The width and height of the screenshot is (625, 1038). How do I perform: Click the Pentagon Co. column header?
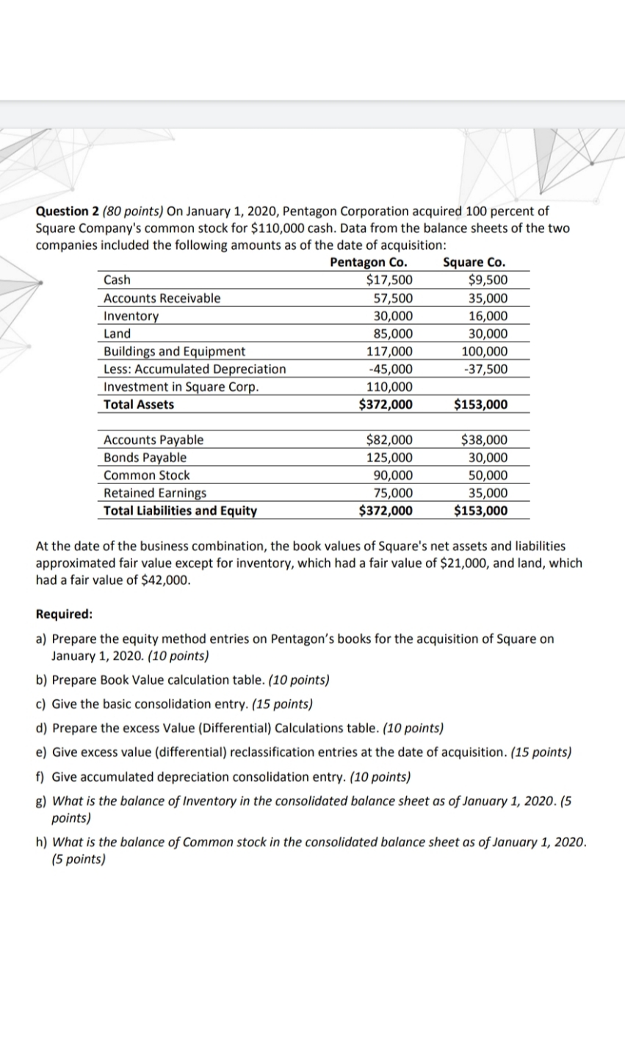coord(369,262)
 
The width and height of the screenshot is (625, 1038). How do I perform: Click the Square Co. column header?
coord(474,262)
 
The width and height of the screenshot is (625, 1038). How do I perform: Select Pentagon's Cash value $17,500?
coord(389,280)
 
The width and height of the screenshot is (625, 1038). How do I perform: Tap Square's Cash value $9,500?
coord(487,280)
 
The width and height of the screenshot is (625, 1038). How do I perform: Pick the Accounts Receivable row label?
coord(162,298)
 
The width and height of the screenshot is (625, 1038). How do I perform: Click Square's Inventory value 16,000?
coord(486,316)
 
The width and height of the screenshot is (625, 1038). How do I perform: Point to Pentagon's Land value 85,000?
coord(393,334)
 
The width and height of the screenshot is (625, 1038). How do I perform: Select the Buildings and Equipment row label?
coord(175,351)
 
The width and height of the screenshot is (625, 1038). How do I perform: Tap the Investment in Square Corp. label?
coord(181,387)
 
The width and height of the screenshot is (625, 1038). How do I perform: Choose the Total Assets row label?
coord(139,405)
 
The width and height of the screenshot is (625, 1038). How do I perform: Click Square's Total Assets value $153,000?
coord(481,405)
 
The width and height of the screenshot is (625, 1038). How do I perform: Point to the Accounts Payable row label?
coord(153,440)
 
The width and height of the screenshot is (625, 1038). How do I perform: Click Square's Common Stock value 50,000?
coord(486,475)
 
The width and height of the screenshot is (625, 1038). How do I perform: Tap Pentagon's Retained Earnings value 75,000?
coord(393,493)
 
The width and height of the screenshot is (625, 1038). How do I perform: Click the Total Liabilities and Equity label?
coord(180,511)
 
